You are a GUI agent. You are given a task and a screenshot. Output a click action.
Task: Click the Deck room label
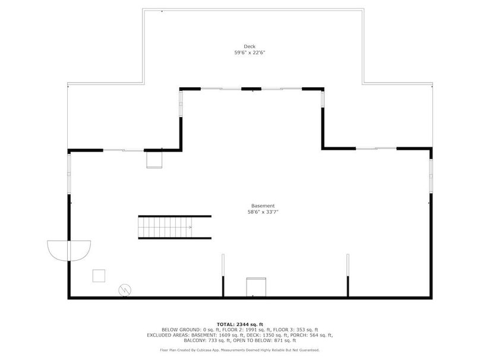coord(250,46)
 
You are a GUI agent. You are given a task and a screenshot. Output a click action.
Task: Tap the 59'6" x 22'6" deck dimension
coord(250,53)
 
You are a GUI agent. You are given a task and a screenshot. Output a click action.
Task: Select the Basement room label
coord(263,206)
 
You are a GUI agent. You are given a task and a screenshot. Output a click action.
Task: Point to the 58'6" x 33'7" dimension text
coord(263,212)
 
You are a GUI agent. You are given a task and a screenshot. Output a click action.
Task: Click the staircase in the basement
coord(175,227)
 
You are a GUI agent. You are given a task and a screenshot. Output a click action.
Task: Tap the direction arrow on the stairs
coord(190,227)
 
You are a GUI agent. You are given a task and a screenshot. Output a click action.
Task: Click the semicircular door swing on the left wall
coord(69,251)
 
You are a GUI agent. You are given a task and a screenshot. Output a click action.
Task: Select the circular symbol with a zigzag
coord(125,290)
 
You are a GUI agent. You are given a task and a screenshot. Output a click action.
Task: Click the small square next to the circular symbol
coord(99,276)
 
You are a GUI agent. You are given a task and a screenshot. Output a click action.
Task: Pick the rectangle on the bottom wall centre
coord(256,287)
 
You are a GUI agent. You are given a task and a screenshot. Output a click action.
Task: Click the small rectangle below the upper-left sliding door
coord(154,160)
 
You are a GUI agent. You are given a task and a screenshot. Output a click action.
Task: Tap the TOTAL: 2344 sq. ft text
coord(240,324)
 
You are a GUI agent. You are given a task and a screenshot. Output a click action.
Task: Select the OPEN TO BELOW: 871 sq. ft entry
coord(264,340)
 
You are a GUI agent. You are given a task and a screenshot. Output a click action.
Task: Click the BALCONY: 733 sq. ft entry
coord(207,340)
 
